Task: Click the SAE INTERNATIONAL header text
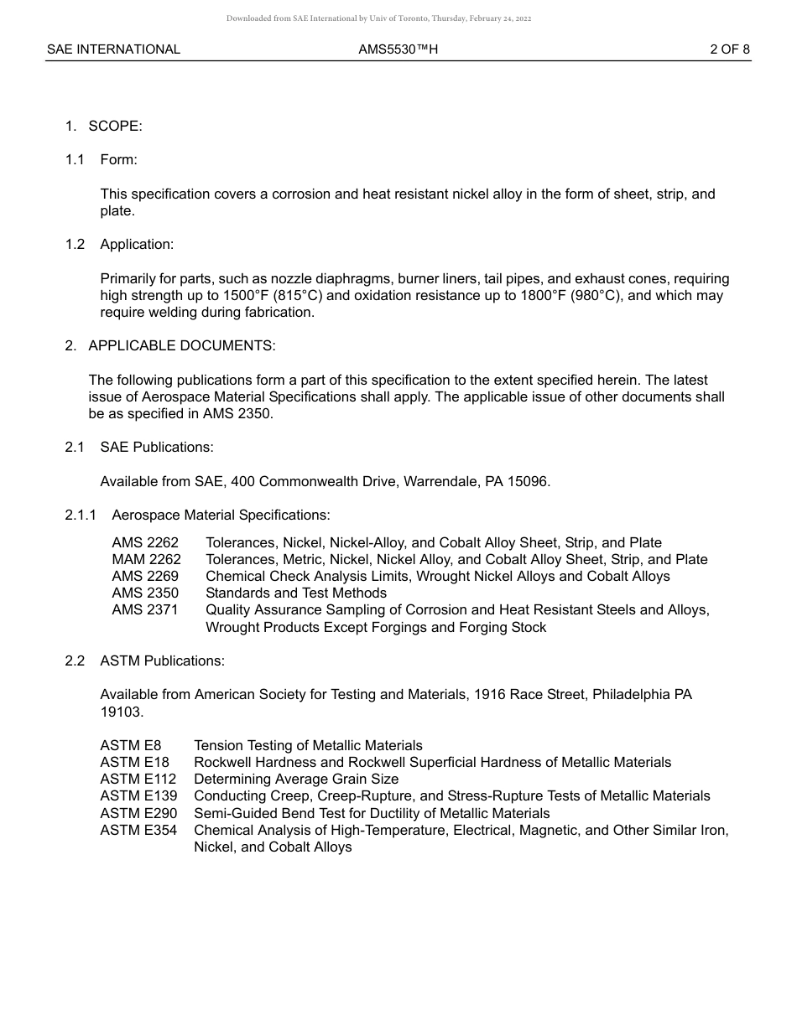tap(113, 49)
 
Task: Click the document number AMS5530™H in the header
tap(398, 49)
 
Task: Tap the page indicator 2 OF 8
tap(730, 49)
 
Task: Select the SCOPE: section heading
tap(115, 126)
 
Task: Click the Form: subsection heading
tap(118, 159)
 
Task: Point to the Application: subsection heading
tap(137, 244)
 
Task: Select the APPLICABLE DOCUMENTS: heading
tap(181, 345)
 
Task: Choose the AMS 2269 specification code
tap(145, 576)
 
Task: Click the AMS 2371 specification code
tap(145, 609)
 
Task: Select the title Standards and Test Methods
tap(296, 593)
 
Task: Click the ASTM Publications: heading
tap(162, 661)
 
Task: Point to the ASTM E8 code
tap(130, 745)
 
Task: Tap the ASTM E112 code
tap(138, 779)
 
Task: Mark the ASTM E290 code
tap(138, 813)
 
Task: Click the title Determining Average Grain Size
tap(296, 779)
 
